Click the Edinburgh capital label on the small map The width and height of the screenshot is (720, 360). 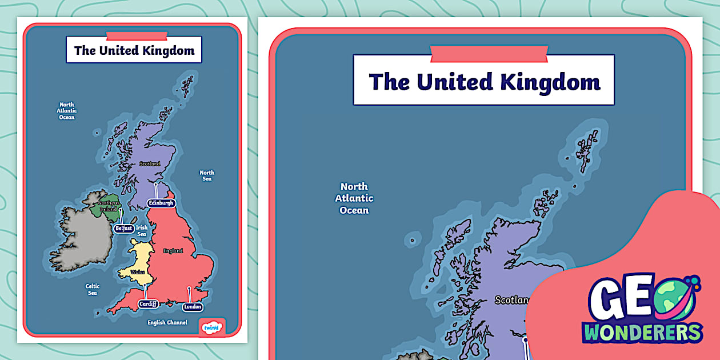(161, 203)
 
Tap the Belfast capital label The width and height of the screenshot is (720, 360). (123, 228)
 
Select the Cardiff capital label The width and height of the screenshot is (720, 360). (148, 304)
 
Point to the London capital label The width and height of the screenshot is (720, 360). (193, 307)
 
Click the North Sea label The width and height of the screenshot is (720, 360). (207, 175)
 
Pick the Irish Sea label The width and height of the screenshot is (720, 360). (141, 231)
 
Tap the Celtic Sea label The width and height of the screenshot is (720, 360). (92, 290)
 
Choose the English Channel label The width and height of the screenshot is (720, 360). (167, 322)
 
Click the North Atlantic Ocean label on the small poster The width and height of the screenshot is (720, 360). (67, 111)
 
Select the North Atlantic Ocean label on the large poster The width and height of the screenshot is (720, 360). (354, 198)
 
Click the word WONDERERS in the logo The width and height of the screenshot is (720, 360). (642, 332)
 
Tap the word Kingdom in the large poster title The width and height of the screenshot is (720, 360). (550, 81)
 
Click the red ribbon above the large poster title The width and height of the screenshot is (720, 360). (489, 53)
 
